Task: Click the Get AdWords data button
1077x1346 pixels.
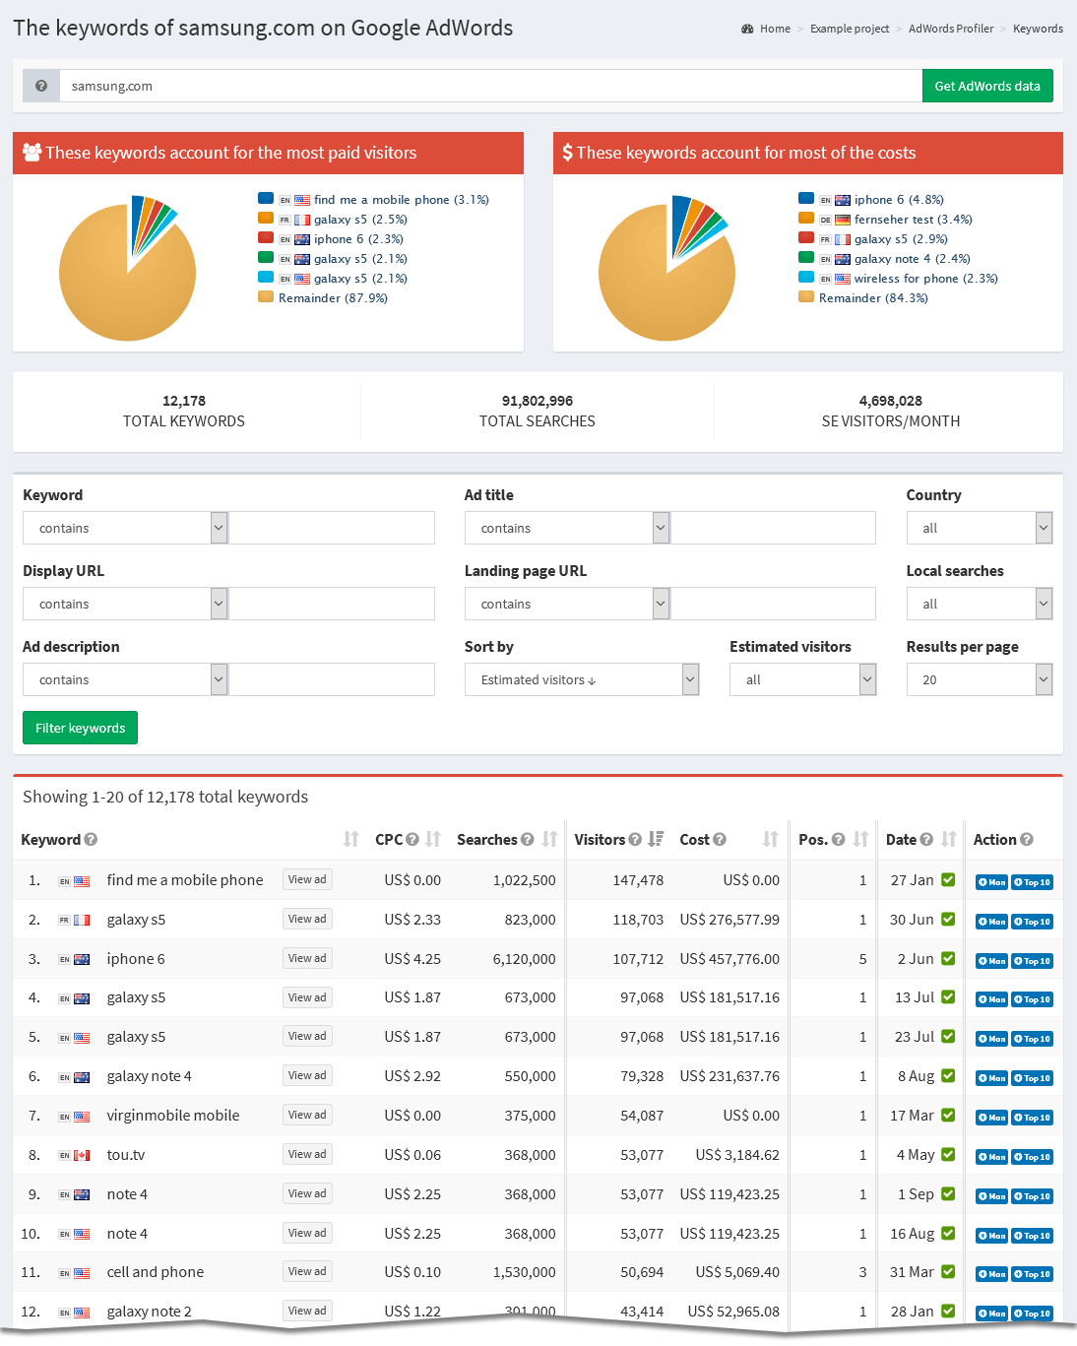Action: click(986, 86)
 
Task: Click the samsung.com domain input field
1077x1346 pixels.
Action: click(490, 86)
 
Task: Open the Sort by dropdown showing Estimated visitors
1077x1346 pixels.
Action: click(581, 679)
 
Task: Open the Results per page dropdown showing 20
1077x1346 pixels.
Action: click(979, 679)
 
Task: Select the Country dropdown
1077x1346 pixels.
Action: click(979, 528)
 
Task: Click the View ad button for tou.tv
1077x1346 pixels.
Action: click(307, 1154)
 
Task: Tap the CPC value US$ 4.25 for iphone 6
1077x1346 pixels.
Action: click(412, 959)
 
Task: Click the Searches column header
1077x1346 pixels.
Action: click(487, 840)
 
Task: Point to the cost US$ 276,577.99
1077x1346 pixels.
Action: click(729, 920)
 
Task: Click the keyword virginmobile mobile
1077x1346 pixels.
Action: click(173, 1116)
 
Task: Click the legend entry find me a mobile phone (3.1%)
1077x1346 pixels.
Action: click(401, 200)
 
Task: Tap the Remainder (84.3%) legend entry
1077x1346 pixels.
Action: click(872, 298)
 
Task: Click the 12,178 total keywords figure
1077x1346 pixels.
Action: click(184, 401)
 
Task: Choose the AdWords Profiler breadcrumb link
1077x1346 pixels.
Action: click(950, 29)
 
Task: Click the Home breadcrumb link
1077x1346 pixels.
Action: click(775, 29)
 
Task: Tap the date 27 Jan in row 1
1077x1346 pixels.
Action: click(912, 880)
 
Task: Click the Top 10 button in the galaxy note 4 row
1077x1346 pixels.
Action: click(1032, 1078)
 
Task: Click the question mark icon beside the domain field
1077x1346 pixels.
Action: click(41, 86)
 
